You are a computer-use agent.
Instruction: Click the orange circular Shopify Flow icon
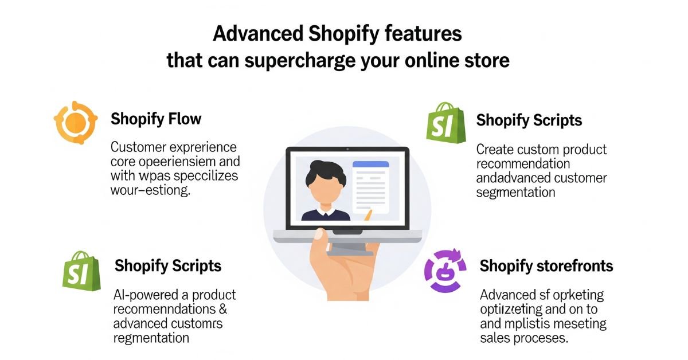[72, 122]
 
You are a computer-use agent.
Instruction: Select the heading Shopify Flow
[156, 119]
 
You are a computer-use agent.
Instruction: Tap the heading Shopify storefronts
[546, 266]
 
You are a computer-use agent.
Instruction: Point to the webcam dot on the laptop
[347, 149]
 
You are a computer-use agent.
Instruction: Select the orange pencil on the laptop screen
[366, 216]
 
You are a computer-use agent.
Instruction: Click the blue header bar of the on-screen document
[370, 165]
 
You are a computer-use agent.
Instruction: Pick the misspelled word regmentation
[151, 338]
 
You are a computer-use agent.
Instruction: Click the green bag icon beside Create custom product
[445, 122]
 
